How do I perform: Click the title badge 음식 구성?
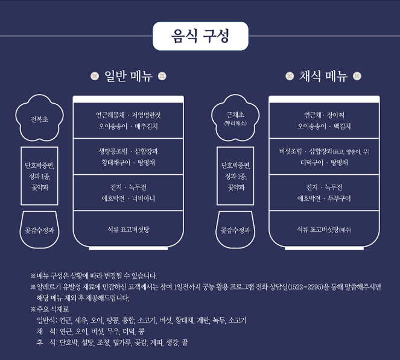click(200, 36)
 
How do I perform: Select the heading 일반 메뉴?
click(129, 77)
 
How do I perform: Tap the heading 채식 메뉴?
click(323, 77)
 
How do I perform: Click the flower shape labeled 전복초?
click(40, 119)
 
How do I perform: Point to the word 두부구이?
click(338, 198)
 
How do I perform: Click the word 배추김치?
click(144, 127)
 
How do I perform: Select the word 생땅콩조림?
click(111, 151)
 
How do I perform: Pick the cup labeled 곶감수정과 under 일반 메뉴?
click(40, 230)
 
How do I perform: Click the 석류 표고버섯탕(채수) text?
click(324, 230)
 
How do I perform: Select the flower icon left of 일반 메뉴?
click(94, 77)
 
